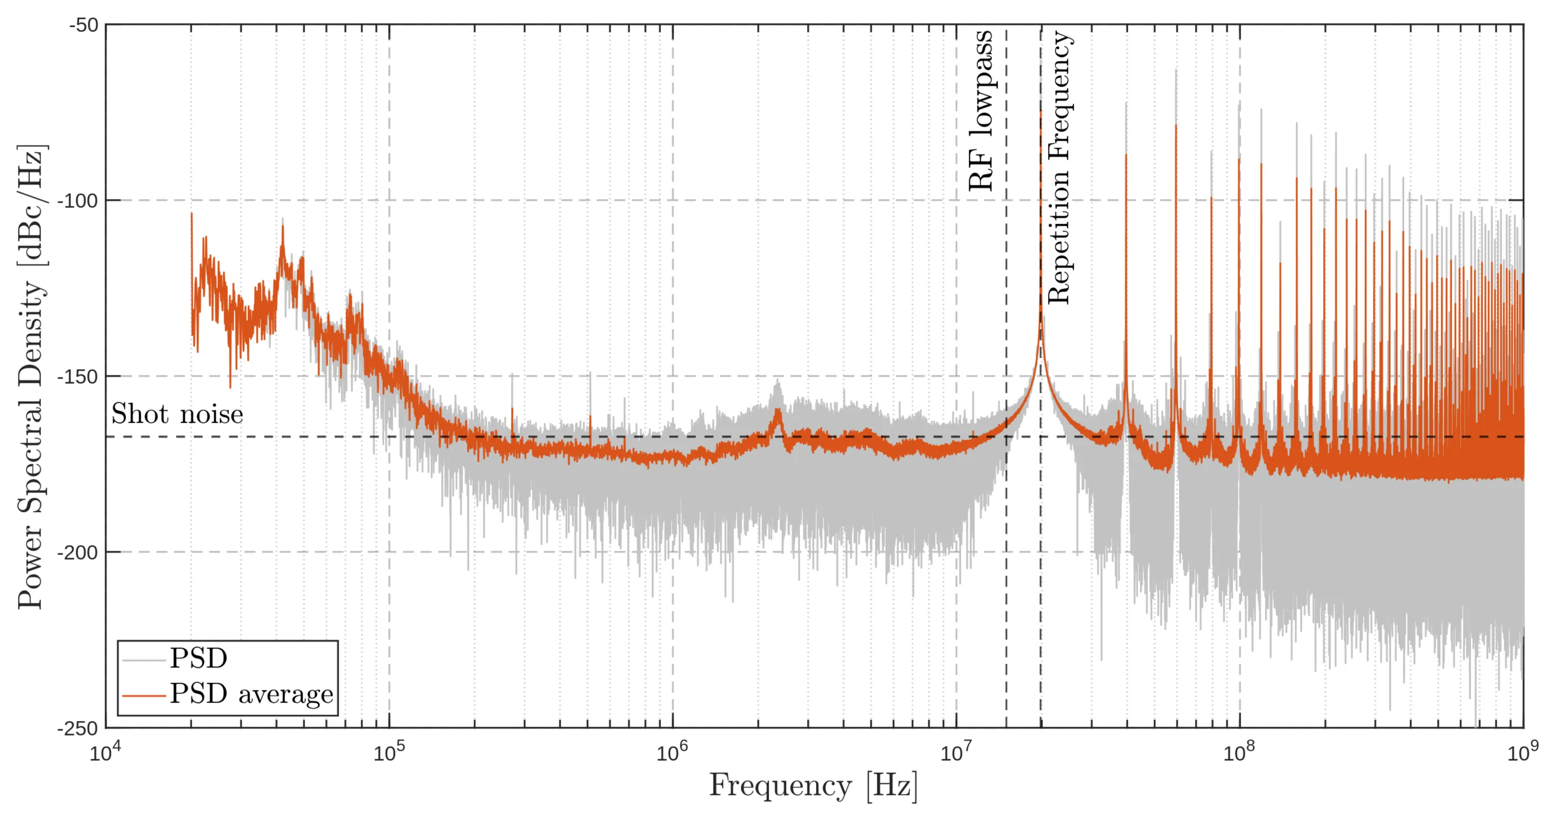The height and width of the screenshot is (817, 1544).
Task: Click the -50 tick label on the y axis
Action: (83, 25)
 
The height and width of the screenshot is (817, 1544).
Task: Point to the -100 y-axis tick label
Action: (77, 201)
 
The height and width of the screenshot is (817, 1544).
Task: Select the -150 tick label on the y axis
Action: (77, 376)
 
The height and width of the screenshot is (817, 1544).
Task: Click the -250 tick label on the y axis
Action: (77, 728)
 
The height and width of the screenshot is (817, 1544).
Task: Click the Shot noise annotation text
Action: (177, 414)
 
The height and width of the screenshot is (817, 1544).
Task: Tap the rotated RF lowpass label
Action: (981, 111)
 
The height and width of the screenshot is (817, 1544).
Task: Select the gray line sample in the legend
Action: (143, 660)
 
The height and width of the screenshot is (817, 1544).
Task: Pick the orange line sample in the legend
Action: (143, 695)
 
